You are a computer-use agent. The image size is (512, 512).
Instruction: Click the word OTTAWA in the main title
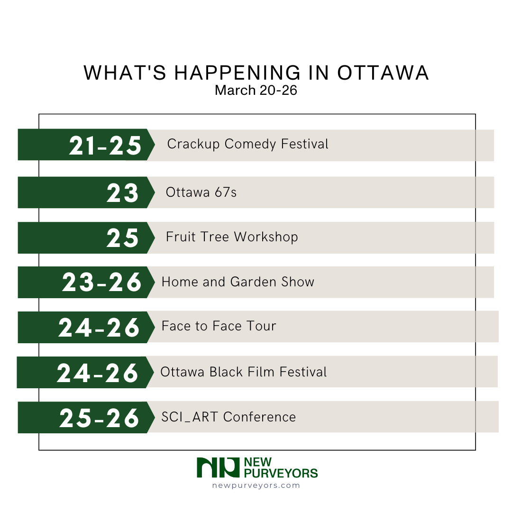[383, 73]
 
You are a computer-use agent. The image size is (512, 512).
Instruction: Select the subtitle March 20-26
[256, 90]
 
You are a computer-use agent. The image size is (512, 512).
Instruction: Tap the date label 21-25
[105, 146]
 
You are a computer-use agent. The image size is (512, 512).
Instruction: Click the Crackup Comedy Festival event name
[247, 144]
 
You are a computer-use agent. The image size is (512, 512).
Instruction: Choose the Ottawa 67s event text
[201, 192]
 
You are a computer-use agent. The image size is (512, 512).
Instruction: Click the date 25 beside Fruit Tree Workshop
[122, 238]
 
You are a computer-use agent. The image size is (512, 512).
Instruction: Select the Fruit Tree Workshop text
[232, 237]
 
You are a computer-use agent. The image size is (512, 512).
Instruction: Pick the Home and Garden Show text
[238, 282]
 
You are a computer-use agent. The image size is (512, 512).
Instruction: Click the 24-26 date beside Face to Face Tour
[99, 328]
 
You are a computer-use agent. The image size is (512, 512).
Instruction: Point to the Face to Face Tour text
[219, 326]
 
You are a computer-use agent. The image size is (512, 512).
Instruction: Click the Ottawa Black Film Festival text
[244, 372]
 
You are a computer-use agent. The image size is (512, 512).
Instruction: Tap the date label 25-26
[100, 418]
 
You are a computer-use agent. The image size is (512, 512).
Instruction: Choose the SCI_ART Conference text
[229, 417]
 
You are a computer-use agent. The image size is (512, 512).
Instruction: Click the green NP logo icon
[218, 467]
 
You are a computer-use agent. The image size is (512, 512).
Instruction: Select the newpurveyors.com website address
[256, 485]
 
